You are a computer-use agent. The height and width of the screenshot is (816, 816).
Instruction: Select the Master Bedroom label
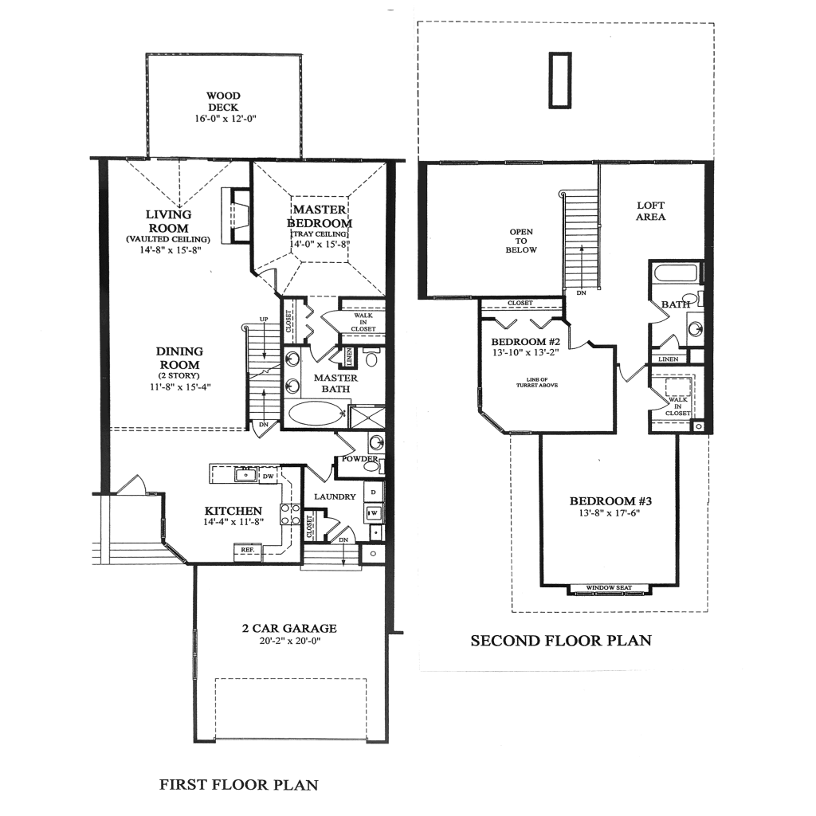click(319, 216)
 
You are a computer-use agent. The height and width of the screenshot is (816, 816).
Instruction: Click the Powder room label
click(358, 459)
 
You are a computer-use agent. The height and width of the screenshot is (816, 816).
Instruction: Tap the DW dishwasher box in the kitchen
click(268, 476)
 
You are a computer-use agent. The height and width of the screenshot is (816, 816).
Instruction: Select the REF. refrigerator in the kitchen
click(247, 549)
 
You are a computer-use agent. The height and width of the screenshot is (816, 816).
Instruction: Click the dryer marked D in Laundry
click(373, 492)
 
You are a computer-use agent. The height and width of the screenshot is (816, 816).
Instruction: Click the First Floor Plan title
click(239, 785)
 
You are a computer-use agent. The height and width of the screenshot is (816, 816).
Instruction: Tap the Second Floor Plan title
click(561, 640)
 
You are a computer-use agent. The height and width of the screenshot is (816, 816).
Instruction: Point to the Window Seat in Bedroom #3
click(609, 589)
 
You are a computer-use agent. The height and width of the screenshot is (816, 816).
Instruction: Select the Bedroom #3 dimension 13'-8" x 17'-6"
click(610, 513)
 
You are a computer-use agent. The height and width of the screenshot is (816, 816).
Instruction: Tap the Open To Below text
click(521, 241)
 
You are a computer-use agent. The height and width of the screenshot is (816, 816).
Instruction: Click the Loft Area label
click(651, 211)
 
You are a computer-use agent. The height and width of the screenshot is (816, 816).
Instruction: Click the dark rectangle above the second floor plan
click(559, 80)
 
